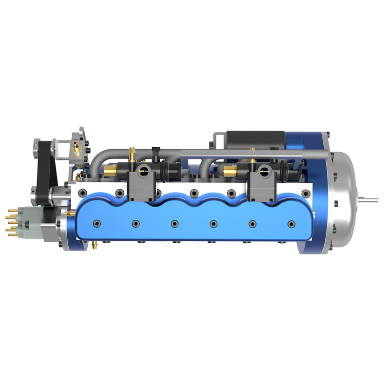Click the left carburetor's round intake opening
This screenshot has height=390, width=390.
coord(145,170)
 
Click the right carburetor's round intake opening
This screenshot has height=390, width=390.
coord(265,170)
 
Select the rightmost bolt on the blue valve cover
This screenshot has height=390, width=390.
coord(291,224)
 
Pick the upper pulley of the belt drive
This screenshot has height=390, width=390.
coord(39,145)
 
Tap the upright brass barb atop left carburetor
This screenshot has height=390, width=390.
coord(132,155)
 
